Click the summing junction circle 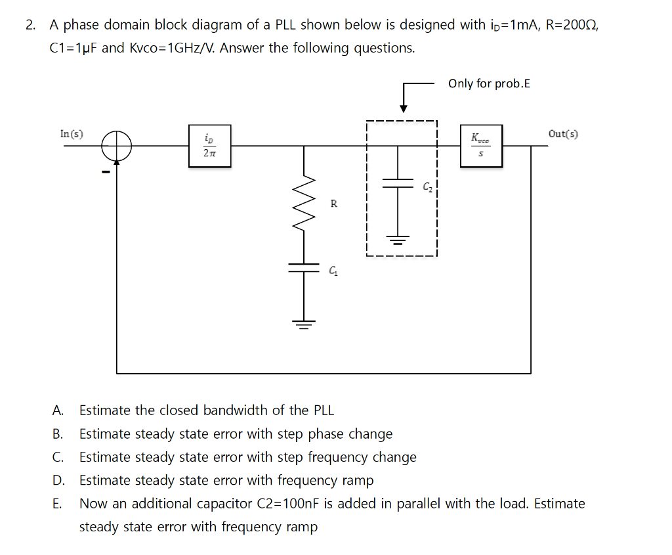[x=117, y=144]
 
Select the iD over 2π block [x=209, y=146]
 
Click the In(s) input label [x=72, y=134]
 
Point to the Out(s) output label [x=563, y=134]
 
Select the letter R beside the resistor [x=333, y=204]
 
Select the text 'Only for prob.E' [x=489, y=83]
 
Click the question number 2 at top [x=30, y=25]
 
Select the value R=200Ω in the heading [x=568, y=25]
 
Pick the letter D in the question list [x=58, y=480]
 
